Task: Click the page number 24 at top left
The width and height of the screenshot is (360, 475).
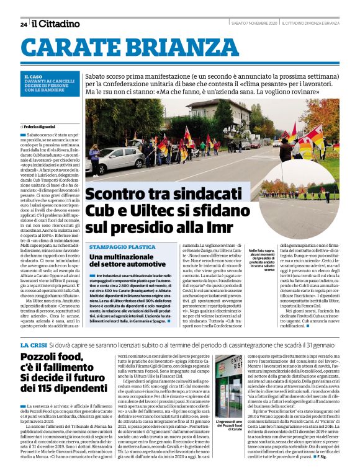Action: [x=24, y=24]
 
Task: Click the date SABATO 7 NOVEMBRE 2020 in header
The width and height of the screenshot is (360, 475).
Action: [x=253, y=24]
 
